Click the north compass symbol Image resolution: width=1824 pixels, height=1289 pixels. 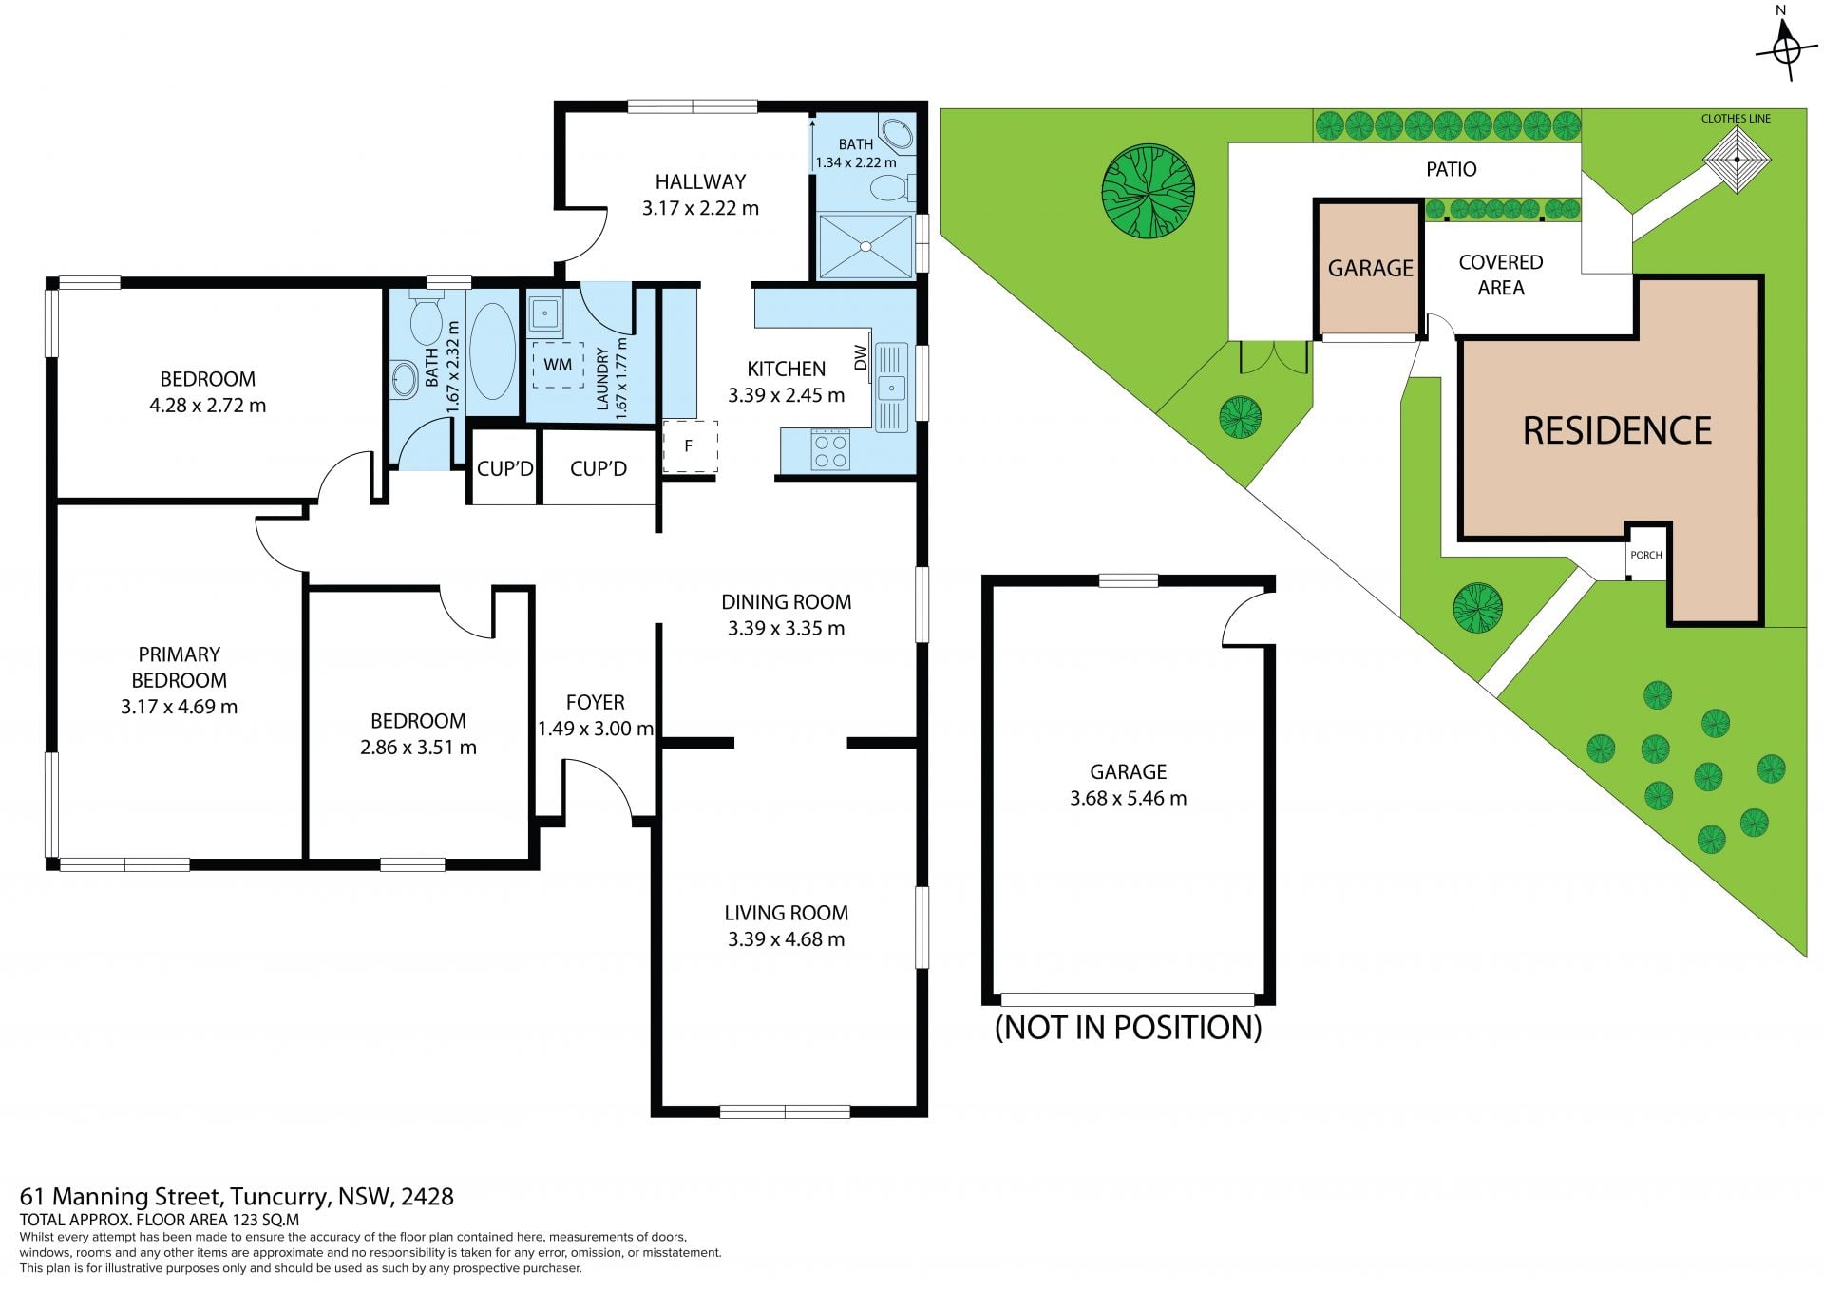pos(1786,44)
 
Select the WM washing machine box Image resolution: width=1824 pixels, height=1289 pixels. pos(558,365)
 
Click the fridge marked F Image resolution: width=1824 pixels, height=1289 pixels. pos(689,445)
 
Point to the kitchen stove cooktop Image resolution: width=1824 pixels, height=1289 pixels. pos(830,449)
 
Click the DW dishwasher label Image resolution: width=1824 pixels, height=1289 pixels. pos(861,357)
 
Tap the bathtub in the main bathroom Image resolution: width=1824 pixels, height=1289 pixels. pos(492,351)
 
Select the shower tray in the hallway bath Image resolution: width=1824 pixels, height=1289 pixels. pos(865,246)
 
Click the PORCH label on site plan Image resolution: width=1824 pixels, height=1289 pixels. pos(1646,555)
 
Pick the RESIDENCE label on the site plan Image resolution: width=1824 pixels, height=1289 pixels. pos(1617,431)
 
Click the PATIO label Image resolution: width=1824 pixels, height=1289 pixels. pos(1451,169)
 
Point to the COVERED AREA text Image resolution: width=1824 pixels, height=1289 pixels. pos(1501,275)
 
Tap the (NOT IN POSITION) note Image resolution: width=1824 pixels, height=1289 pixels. pos(1128,1027)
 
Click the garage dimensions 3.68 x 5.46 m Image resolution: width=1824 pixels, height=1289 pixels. pos(1128,798)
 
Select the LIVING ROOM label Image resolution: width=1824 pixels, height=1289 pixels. pos(786,913)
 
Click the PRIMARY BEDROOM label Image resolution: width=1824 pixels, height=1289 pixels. pos(179,667)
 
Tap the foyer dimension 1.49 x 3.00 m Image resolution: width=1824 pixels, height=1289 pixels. pos(596,729)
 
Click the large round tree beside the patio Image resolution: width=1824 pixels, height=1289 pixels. pos(1148,191)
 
